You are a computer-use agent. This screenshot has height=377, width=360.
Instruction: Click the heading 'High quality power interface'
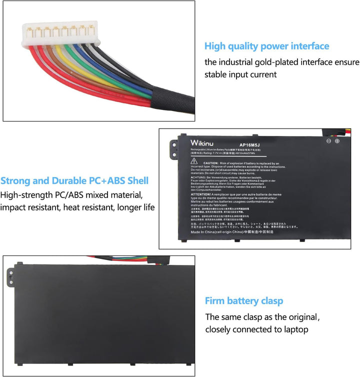pyautogui.click(x=266, y=46)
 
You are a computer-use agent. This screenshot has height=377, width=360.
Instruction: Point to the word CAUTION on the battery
pyautogui.click(x=210, y=163)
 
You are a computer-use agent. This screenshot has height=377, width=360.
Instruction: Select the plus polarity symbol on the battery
pyautogui.click(x=337, y=141)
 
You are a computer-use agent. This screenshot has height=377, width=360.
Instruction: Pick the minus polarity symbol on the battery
pyautogui.click(x=329, y=141)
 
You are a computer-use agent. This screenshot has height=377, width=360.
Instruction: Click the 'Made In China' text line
pyautogui.click(x=235, y=231)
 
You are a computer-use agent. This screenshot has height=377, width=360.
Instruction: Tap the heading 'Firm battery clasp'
pyautogui.click(x=243, y=301)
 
